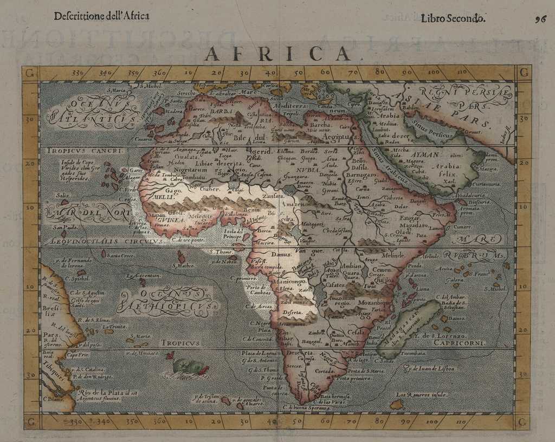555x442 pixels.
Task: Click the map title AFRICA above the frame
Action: pyautogui.click(x=278, y=53)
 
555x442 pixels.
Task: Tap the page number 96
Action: pyautogui.click(x=540, y=18)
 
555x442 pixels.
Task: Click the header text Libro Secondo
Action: pyautogui.click(x=453, y=18)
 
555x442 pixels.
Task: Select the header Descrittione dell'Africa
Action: pyautogui.click(x=101, y=16)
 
